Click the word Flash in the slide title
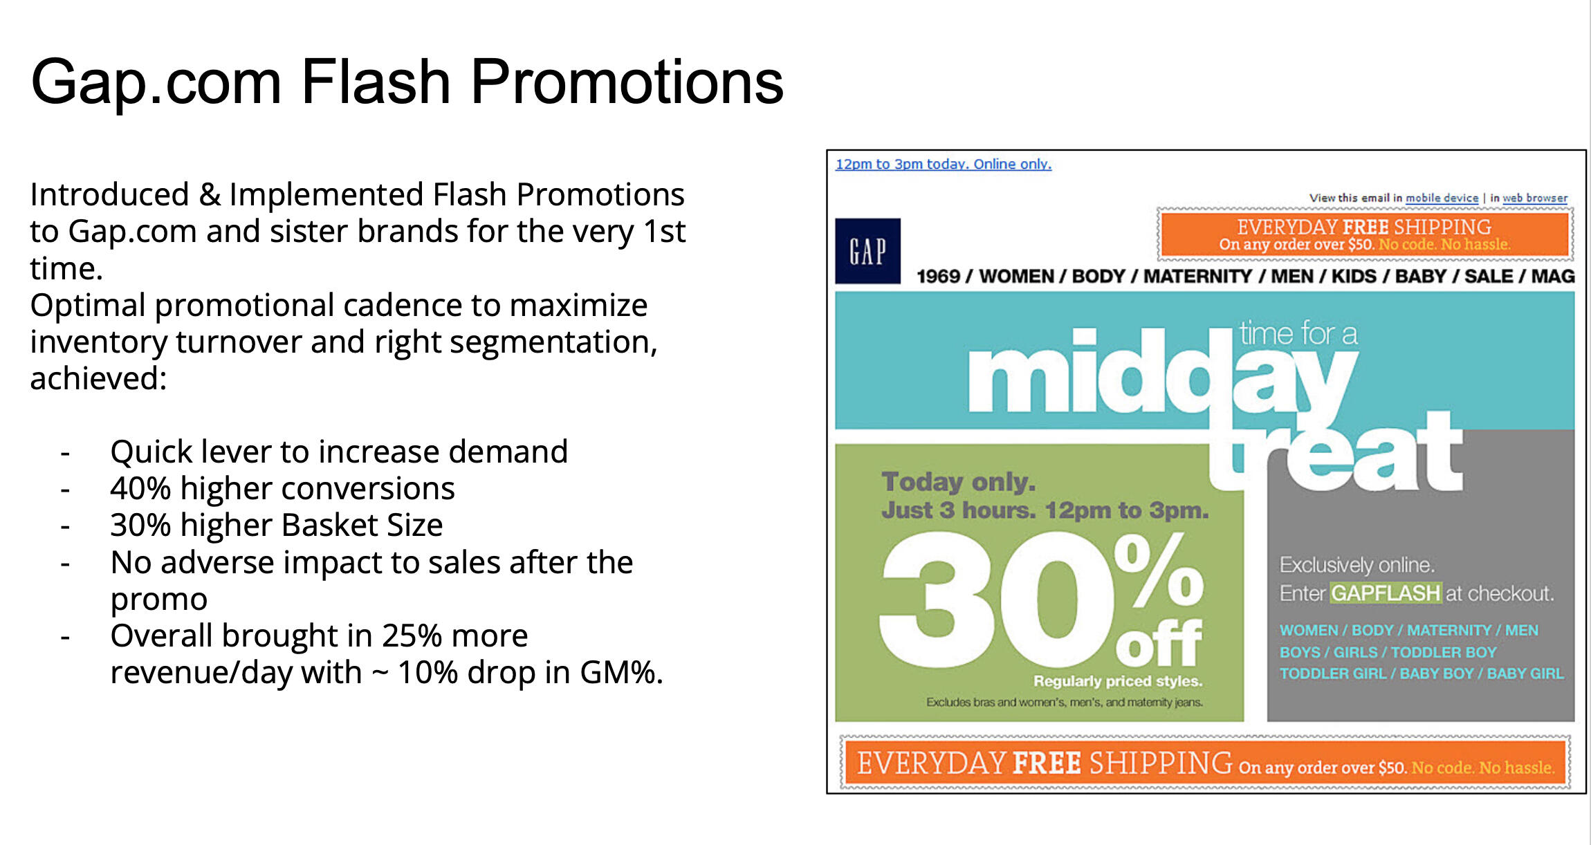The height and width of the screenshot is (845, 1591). [376, 82]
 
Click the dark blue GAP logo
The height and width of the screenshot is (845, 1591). [867, 251]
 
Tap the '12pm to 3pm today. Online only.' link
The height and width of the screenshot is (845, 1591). [943, 164]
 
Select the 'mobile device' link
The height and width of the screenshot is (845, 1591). [1442, 198]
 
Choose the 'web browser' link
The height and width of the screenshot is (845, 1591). [1535, 198]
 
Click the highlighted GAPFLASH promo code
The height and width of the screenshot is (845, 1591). [1386, 593]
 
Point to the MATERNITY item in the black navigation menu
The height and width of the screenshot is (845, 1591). [1197, 276]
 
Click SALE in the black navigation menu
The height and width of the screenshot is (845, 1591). [1489, 276]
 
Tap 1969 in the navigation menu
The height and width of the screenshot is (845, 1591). [938, 276]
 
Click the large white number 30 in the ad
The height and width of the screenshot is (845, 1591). [993, 599]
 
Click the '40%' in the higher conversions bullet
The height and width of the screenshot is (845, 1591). [140, 488]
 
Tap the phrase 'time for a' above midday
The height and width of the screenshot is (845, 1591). [1298, 333]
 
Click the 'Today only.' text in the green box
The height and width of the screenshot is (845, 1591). [959, 481]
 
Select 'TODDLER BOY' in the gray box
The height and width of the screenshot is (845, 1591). [1443, 652]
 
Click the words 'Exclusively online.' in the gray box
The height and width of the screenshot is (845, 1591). [1357, 565]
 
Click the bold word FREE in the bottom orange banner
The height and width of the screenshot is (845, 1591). [1047, 763]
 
